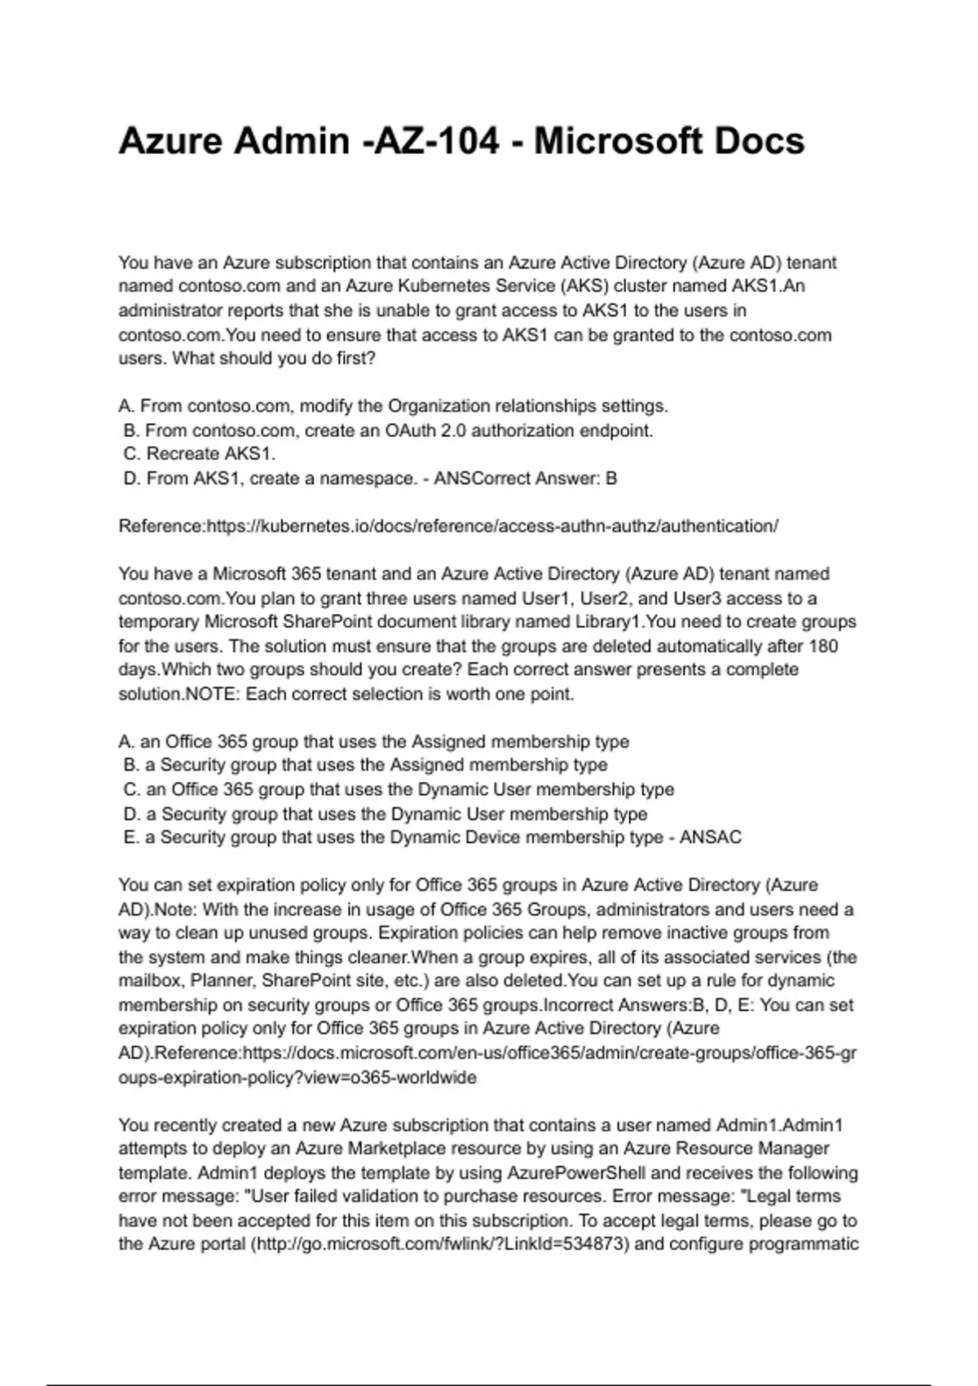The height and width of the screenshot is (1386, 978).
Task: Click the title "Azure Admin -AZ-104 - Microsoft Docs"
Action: [x=461, y=141]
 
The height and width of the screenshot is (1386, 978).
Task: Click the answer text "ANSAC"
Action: [x=711, y=837]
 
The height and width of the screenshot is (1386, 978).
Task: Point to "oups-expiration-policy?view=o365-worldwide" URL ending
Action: [x=297, y=1078]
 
